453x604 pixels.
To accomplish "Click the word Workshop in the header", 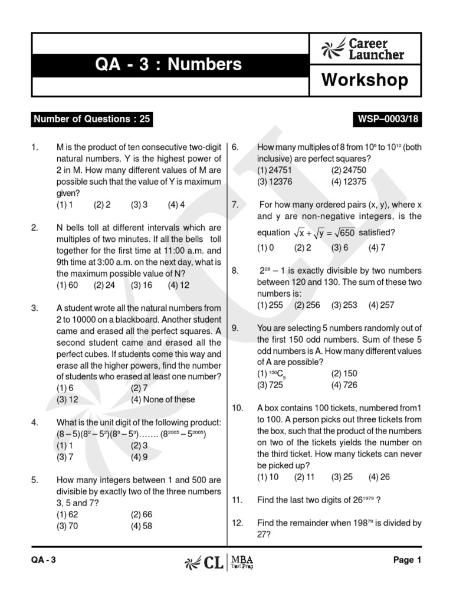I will pyautogui.click(x=365, y=80).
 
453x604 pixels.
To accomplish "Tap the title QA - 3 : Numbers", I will pyautogui.click(x=168, y=64).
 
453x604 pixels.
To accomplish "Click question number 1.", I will pyautogui.click(x=35, y=147).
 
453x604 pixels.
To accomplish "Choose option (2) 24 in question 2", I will pyautogui.click(x=104, y=285).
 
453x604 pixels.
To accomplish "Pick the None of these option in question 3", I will pyautogui.click(x=163, y=399).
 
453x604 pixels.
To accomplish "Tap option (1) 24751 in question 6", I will pyautogui.click(x=274, y=170).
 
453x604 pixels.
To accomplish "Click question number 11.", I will pyautogui.click(x=238, y=500).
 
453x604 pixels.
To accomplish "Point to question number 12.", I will pyautogui.click(x=238, y=523).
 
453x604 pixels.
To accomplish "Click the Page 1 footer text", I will pyautogui.click(x=407, y=561).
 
